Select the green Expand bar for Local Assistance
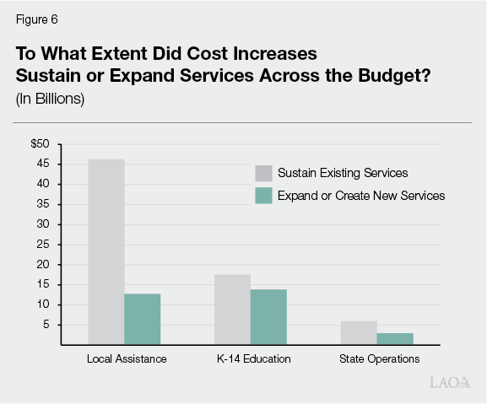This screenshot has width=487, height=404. pos(142,319)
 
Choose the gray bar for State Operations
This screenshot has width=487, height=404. pos(359,332)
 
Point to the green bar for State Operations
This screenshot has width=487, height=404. pos(395,338)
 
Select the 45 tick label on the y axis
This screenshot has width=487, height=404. pos(44,164)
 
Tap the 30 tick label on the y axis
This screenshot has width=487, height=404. pos(44,224)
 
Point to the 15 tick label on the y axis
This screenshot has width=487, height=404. pos(44,285)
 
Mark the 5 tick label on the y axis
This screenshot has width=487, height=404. pos(47,325)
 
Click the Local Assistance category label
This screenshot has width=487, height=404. pos(127,359)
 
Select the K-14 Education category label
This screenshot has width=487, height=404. pos(251,359)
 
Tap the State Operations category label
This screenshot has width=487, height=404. pos(379,359)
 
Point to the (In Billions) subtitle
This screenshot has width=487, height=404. pos(50,98)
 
